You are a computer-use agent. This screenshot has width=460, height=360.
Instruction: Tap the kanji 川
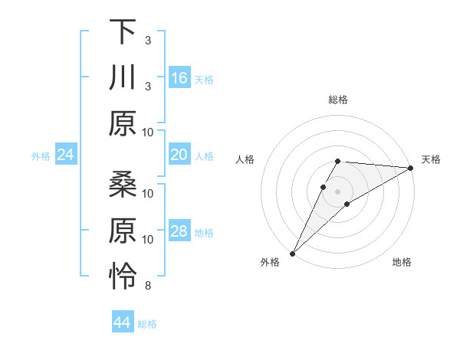pyautogui.click(x=123, y=78)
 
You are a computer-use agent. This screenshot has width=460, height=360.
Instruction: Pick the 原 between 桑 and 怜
pyautogui.click(x=123, y=231)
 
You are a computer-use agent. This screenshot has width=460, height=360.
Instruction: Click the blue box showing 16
pyautogui.click(x=179, y=78)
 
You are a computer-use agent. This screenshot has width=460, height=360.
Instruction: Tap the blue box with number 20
pyautogui.click(x=179, y=155)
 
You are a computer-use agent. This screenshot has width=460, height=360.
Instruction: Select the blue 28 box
pyautogui.click(x=179, y=232)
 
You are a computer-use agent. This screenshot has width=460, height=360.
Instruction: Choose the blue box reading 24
pyautogui.click(x=66, y=155)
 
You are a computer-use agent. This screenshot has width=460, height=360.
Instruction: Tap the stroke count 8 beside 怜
pyautogui.click(x=148, y=286)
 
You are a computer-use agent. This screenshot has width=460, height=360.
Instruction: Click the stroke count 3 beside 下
pyautogui.click(x=148, y=40)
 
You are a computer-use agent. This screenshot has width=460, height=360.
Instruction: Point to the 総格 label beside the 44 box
pyautogui.click(x=147, y=324)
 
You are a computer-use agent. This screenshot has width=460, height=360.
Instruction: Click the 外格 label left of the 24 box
pyautogui.click(x=41, y=156)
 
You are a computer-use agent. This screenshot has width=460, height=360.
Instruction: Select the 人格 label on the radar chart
pyautogui.click(x=245, y=159)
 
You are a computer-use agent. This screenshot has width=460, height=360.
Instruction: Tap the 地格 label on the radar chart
pyautogui.click(x=402, y=263)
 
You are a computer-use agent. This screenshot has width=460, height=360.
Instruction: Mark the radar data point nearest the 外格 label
pyautogui.click(x=292, y=253)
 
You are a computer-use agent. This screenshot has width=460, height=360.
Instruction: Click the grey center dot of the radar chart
pyautogui.click(x=337, y=190)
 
